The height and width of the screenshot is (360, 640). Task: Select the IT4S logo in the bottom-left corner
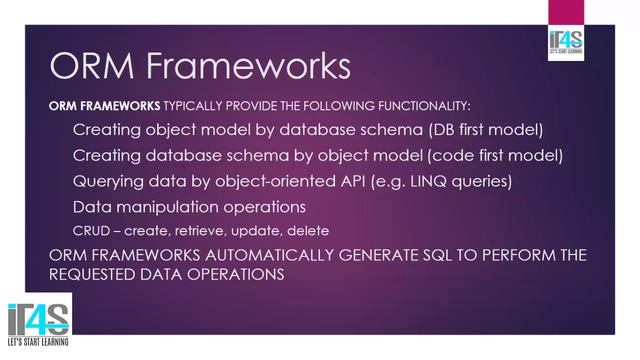click(36, 323)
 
